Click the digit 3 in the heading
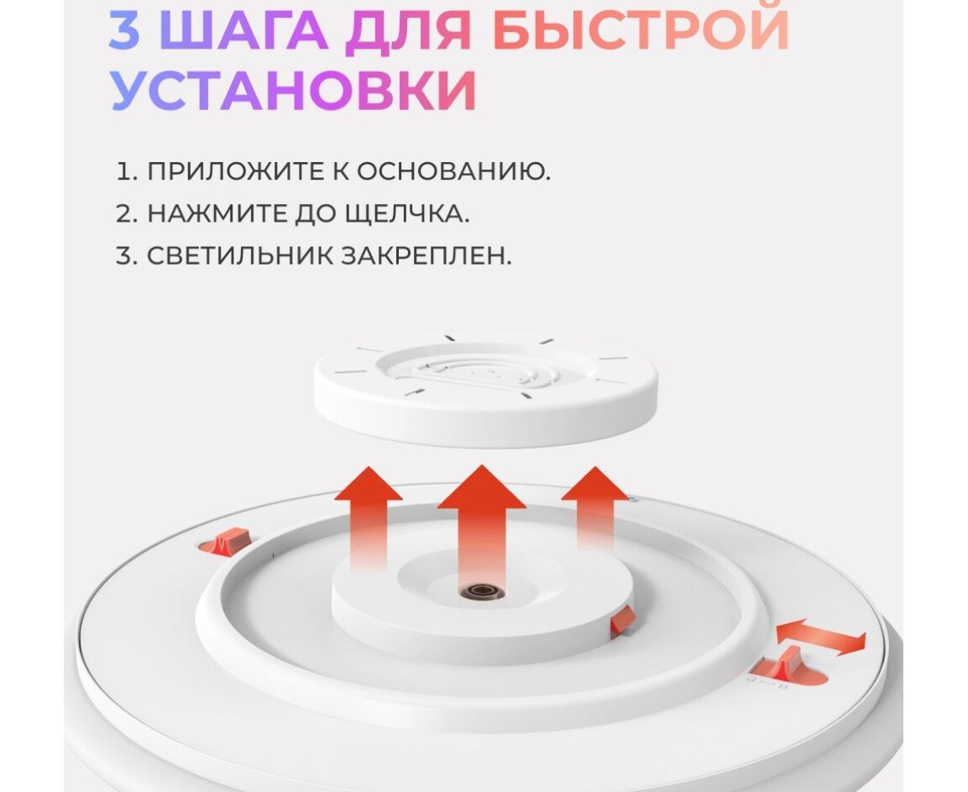[124, 29]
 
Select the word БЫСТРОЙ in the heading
[641, 29]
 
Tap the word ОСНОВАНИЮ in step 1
[453, 171]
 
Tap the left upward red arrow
[369, 519]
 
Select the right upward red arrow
[595, 510]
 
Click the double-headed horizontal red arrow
[821, 637]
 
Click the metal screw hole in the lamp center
[482, 592]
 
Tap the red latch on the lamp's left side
[226, 542]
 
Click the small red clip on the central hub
[622, 622]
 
